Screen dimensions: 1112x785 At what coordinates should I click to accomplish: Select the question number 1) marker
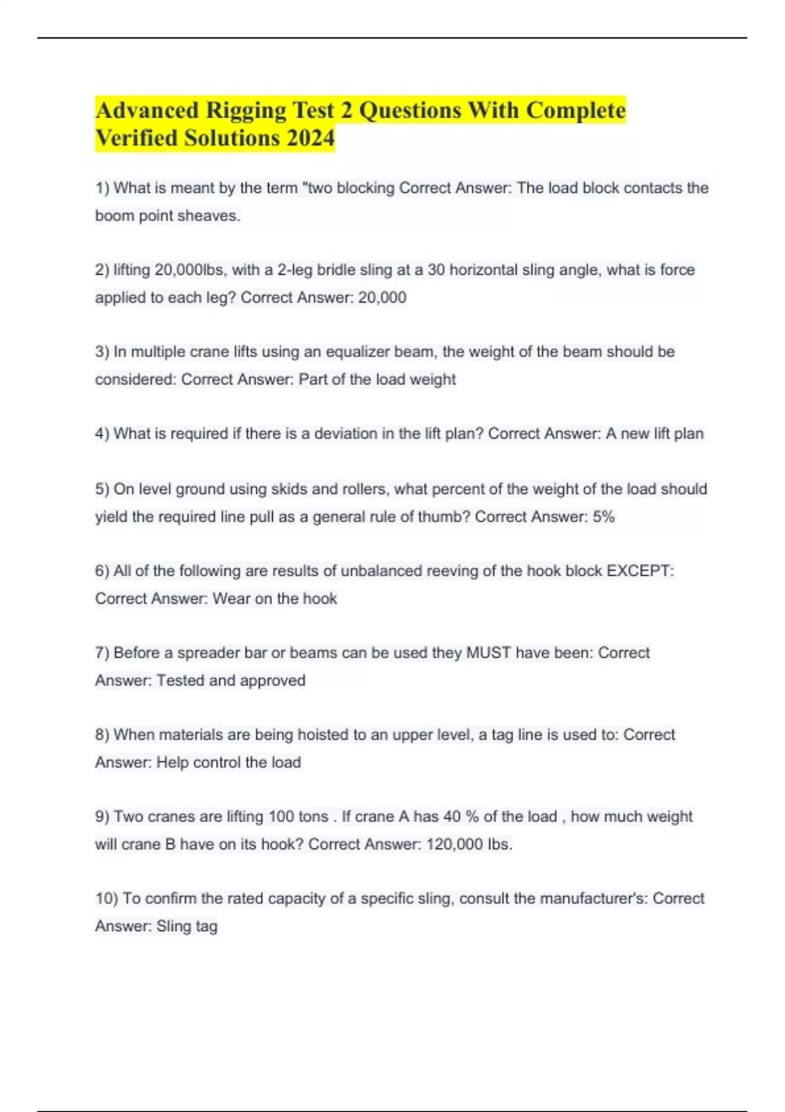(x=102, y=188)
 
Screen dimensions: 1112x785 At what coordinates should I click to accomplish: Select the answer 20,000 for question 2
(x=382, y=298)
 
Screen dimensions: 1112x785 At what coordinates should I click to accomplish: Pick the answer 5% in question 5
(x=603, y=517)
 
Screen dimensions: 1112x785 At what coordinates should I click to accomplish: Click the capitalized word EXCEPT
(x=639, y=571)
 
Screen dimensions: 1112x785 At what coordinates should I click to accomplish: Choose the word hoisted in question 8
(x=323, y=735)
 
